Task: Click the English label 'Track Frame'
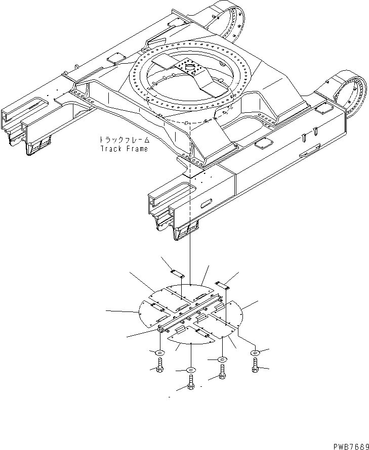coord(124,149)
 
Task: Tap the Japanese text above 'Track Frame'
coord(124,140)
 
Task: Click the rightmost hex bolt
coord(255,366)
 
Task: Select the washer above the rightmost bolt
coord(255,352)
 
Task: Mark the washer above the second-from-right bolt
coord(222,359)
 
